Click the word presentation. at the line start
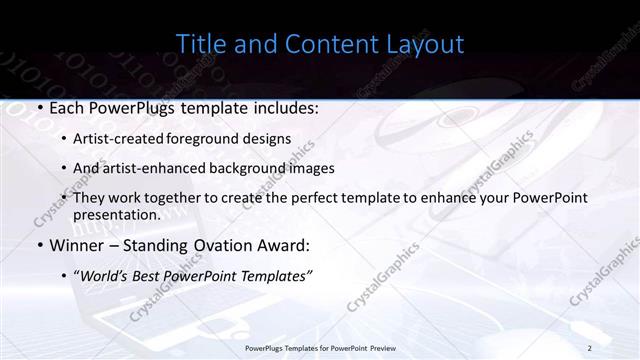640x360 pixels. (117, 214)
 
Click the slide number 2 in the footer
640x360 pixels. (590, 347)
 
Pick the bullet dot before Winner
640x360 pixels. (39, 245)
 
